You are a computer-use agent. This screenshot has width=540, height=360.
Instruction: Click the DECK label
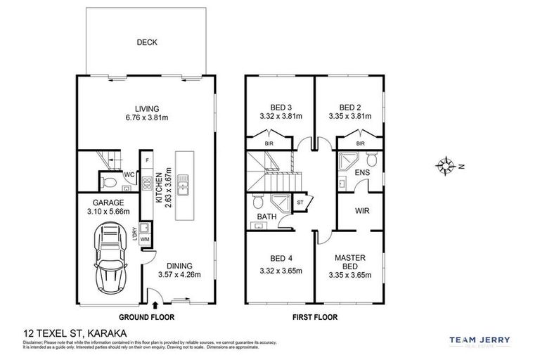[x=147, y=42]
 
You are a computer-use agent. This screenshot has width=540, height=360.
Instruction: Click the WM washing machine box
[x=145, y=240]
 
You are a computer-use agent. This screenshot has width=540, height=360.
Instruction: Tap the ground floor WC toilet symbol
[x=110, y=184]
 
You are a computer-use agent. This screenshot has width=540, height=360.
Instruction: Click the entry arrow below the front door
[x=155, y=305]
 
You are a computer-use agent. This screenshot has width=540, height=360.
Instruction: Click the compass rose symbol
[x=445, y=166]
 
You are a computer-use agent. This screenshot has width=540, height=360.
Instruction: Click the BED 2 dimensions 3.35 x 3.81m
[x=349, y=117]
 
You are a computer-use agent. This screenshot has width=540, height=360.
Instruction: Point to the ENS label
[x=363, y=172]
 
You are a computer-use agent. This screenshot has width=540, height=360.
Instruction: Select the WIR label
[x=362, y=210]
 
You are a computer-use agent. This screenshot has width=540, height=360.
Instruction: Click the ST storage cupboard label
[x=300, y=203]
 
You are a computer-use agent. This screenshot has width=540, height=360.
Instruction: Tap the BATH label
[x=266, y=217]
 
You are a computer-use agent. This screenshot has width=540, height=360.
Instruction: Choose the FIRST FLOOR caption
[x=314, y=318]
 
